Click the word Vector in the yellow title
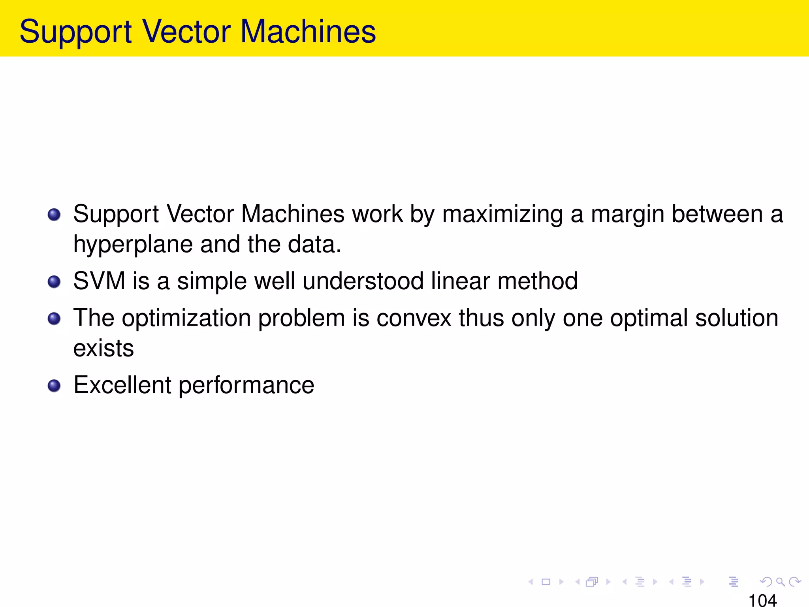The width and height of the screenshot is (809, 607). click(x=186, y=32)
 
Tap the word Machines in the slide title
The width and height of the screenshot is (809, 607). click(x=308, y=32)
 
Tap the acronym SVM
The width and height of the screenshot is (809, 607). click(x=99, y=281)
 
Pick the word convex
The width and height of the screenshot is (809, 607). click(x=414, y=318)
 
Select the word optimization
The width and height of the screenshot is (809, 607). click(x=186, y=318)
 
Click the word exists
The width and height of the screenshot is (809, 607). click(x=103, y=348)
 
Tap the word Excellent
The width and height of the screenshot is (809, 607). click(x=122, y=385)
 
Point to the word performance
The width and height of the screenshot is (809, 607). click(x=246, y=385)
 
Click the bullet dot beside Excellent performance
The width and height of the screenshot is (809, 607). click(x=54, y=386)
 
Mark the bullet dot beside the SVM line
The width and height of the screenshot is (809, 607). click(x=54, y=282)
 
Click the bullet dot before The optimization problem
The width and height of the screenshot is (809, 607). click(x=54, y=319)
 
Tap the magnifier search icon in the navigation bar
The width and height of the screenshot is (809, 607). click(x=780, y=582)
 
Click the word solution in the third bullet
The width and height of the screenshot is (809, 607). click(x=736, y=318)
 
